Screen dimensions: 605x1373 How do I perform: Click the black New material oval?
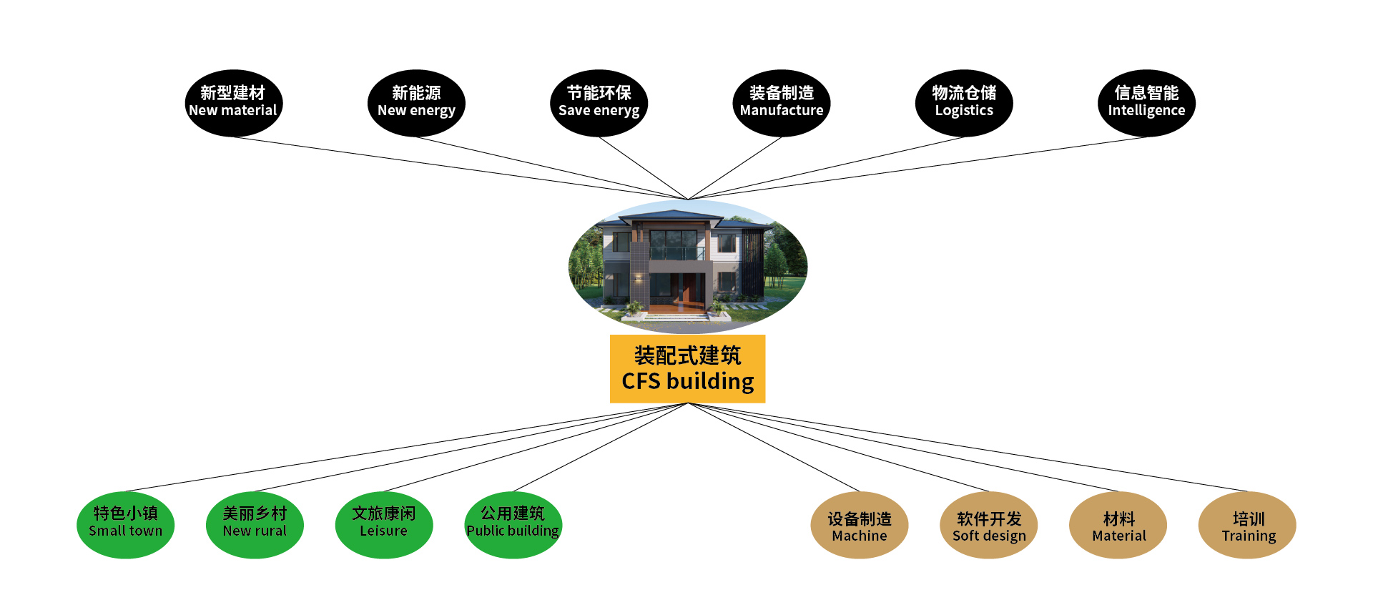pos(233,103)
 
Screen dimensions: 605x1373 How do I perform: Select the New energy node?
pos(416,103)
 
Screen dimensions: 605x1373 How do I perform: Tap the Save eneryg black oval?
pos(599,103)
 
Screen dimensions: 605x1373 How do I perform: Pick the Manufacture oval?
pos(781,103)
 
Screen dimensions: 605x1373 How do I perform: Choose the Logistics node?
pos(964,103)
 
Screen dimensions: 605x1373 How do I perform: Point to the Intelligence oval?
pos(1146,103)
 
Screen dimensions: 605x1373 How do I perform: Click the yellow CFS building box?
pos(687,368)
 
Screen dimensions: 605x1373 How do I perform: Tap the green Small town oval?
pos(125,524)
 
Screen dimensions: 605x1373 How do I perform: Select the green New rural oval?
pos(255,524)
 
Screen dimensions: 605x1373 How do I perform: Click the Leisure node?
pos(384,524)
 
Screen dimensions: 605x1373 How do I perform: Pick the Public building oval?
pos(513,524)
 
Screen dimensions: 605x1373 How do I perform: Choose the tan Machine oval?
pos(859,524)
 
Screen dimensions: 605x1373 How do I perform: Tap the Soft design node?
pos(988,524)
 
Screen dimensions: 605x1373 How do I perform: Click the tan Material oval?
pos(1118,524)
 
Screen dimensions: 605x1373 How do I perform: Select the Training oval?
pos(1247,524)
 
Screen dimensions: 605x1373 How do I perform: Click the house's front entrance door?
pos(685,287)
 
